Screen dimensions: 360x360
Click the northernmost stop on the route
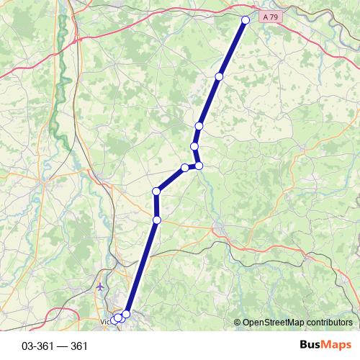click(x=246, y=20)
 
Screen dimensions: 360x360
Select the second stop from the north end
click(x=219, y=76)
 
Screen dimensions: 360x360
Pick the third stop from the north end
click(x=199, y=126)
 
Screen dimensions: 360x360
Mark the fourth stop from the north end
click(x=194, y=146)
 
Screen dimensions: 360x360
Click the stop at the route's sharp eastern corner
click(x=199, y=166)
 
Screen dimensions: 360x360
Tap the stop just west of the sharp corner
click(x=185, y=167)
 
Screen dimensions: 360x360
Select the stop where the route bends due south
click(x=156, y=191)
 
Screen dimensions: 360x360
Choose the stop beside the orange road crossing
click(x=156, y=220)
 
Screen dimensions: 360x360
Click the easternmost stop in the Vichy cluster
click(x=127, y=314)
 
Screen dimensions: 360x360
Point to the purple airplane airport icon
click(x=99, y=287)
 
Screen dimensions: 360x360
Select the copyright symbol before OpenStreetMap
click(x=238, y=322)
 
